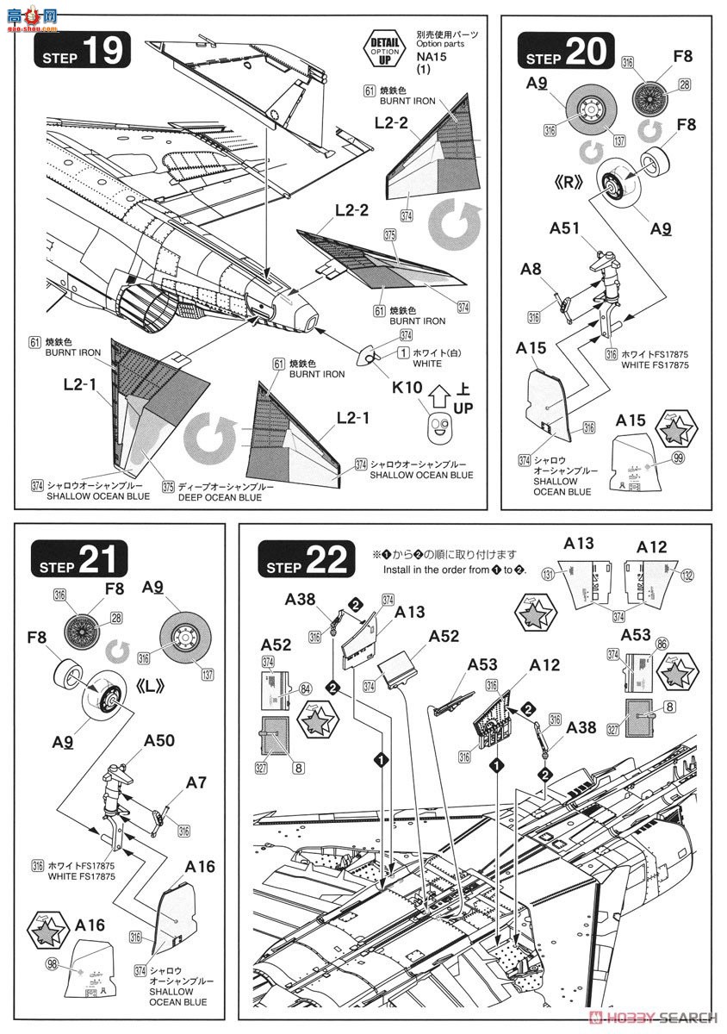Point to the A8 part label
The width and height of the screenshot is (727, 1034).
tap(531, 269)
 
